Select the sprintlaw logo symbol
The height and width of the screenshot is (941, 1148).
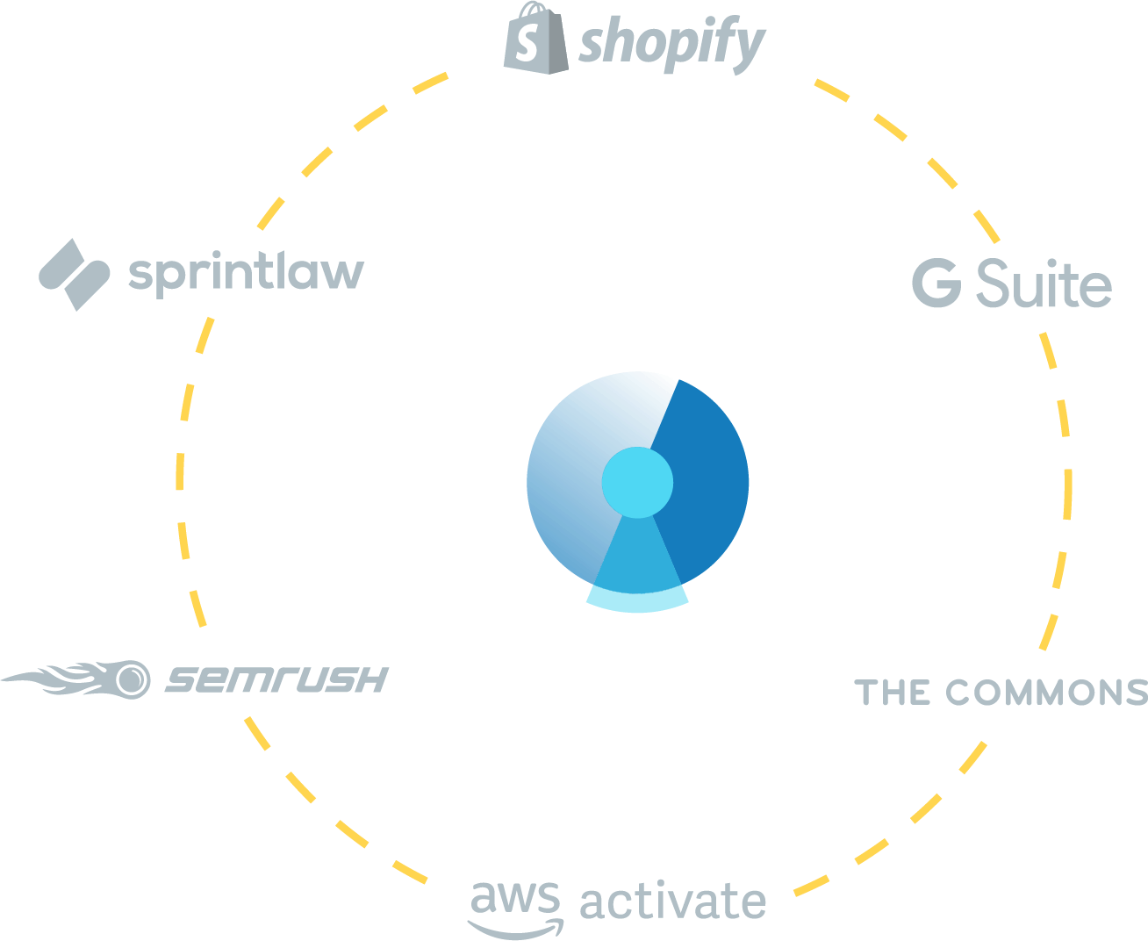coord(74,274)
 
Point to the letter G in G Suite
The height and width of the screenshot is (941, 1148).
coord(936,283)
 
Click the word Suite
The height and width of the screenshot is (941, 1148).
coord(1044,284)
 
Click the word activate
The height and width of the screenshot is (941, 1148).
coord(672,901)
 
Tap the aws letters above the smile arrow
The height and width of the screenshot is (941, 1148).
coord(514,897)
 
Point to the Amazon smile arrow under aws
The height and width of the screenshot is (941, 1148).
coord(515,928)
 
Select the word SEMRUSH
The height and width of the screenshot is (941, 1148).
coord(276,679)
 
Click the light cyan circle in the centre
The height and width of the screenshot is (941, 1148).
coord(637,482)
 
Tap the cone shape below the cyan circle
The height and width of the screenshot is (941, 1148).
coord(637,553)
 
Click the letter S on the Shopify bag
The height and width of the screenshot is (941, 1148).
coord(526,43)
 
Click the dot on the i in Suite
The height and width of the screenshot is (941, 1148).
coord(1051,262)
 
